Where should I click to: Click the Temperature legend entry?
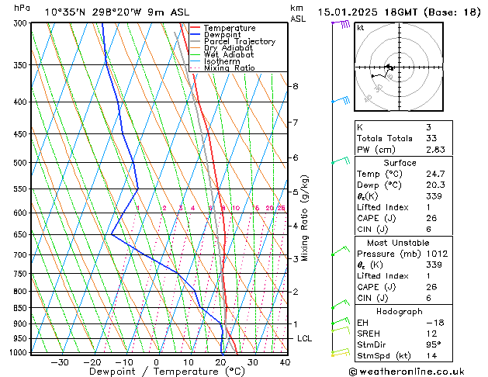(229, 28)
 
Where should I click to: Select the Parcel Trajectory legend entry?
(239, 41)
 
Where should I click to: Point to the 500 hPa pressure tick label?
(20, 163)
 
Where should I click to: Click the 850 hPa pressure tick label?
(20, 308)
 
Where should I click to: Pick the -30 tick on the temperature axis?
(60, 361)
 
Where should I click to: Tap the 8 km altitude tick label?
(295, 86)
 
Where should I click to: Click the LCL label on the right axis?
(304, 338)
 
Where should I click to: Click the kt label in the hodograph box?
(360, 27)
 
